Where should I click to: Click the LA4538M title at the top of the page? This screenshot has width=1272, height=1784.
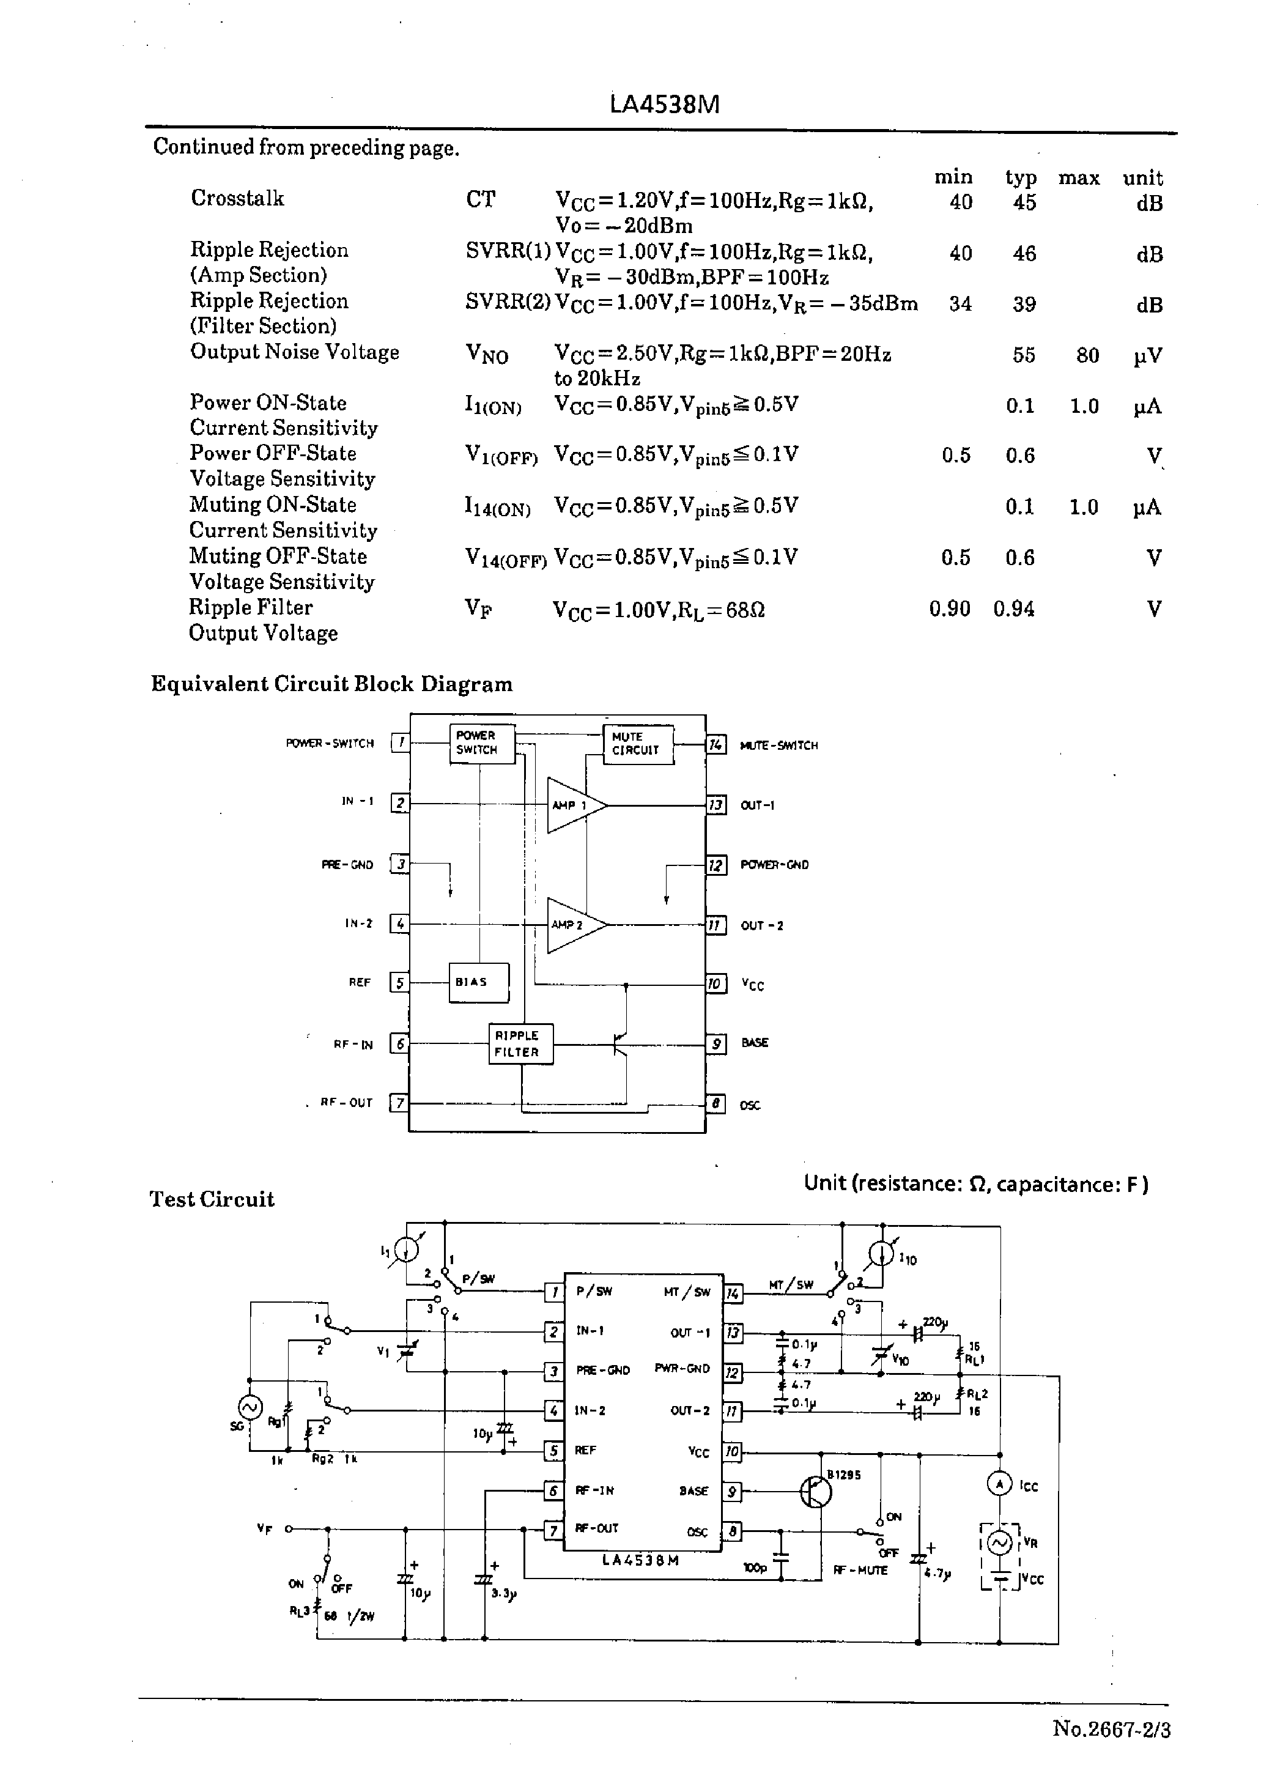click(664, 104)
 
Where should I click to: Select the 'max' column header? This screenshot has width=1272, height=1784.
click(1079, 179)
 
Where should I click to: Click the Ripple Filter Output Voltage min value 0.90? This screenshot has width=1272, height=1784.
click(949, 609)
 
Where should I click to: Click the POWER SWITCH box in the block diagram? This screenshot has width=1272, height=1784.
click(481, 742)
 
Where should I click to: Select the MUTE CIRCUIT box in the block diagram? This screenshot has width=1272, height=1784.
click(637, 743)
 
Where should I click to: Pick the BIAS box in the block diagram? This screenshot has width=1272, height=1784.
click(478, 982)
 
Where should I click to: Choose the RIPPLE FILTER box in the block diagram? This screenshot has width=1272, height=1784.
click(519, 1044)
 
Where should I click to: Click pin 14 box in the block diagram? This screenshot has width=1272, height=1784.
click(716, 745)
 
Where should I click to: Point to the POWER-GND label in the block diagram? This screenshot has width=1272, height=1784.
click(774, 865)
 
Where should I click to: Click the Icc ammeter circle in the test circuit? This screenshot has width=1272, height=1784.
click(999, 1483)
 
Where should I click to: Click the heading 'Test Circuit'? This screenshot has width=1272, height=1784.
click(212, 1199)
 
